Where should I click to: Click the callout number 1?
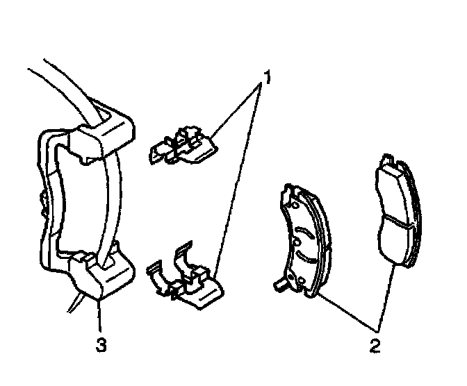tap(265, 72)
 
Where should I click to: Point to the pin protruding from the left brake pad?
tap(279, 284)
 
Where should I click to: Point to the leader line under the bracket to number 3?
tap(101, 319)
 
